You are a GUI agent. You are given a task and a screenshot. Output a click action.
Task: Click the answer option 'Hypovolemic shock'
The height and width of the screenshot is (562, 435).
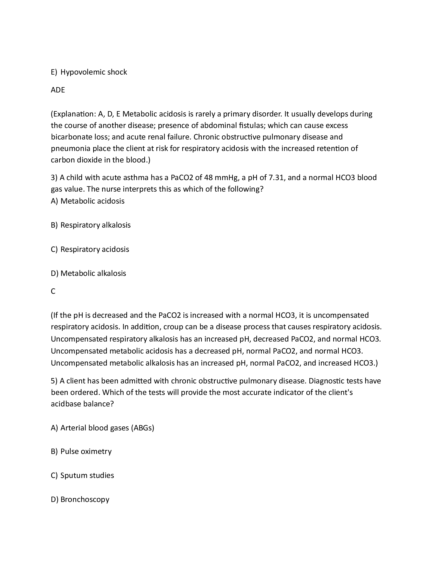coord(93,72)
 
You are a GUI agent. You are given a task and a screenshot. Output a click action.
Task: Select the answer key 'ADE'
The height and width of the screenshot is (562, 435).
coord(58,90)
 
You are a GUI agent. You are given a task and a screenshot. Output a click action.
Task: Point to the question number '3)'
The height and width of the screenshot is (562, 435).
coord(54,178)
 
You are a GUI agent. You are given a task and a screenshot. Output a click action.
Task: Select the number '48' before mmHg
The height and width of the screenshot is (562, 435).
coord(208,178)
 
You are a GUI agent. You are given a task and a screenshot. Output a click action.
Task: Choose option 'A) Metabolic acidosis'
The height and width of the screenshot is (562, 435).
coord(88,201)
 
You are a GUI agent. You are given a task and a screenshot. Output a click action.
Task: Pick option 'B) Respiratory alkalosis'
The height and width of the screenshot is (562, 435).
coord(91,225)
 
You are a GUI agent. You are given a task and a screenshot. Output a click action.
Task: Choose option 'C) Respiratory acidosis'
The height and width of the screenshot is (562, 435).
coord(90,249)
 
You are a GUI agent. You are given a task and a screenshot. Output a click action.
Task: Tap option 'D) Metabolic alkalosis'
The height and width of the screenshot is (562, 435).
coord(88,273)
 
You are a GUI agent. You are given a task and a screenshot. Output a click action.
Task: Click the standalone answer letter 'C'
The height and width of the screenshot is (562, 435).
coord(53,291)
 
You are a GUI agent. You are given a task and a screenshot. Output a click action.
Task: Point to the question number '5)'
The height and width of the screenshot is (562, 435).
coord(54,381)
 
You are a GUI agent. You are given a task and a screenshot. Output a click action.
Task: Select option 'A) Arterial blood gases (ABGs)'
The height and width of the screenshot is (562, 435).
coord(102,428)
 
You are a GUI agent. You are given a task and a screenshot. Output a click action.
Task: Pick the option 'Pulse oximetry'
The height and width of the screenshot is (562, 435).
coord(86,451)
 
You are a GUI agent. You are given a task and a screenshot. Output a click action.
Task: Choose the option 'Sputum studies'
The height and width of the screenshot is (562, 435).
coord(87,475)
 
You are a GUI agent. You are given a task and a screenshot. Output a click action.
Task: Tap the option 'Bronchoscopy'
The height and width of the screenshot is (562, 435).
coord(85,499)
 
